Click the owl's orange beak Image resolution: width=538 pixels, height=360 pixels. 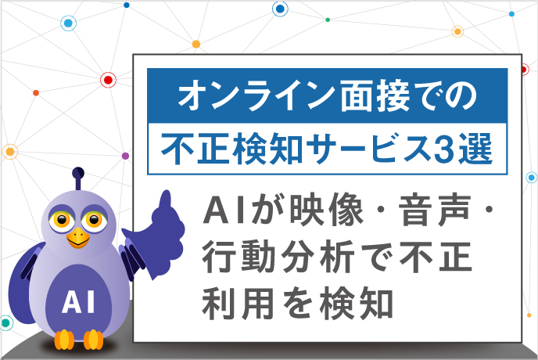coord(78,238)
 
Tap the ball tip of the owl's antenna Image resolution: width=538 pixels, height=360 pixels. coord(78,173)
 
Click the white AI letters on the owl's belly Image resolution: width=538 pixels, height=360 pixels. coord(78,301)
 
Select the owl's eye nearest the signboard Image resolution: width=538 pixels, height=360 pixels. coord(93,220)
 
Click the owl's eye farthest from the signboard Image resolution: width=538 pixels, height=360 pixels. coord(62,220)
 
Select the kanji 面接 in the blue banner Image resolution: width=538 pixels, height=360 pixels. coord(375,95)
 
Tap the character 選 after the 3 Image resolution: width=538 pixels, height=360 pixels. coord(475,149)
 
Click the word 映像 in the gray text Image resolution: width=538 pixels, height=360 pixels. coord(326,211)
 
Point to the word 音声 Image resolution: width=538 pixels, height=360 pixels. coord(434,211)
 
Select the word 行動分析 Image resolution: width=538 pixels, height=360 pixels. coord(278,257)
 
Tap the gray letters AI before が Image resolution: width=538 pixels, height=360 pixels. coord(227,211)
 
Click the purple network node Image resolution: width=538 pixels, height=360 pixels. coord(125,156)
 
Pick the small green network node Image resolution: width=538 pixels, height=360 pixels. coord(328,20)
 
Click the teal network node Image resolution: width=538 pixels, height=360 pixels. coord(5,323)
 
